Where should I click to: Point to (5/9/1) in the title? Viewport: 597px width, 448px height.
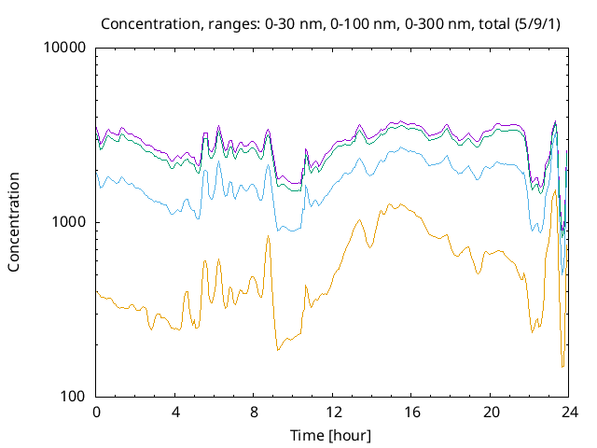point(491,22)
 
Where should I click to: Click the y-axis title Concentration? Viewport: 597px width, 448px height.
point(14,221)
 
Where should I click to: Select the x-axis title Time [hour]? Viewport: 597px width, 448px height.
point(333,435)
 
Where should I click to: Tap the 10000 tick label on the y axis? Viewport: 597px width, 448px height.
point(66,48)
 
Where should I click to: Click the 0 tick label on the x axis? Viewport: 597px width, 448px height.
point(96,412)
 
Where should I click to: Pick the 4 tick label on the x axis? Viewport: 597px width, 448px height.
point(175,412)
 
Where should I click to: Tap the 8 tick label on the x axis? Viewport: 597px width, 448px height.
point(254,412)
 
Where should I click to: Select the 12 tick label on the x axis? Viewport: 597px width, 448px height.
point(333,412)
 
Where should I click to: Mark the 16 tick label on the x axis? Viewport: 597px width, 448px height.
point(411,412)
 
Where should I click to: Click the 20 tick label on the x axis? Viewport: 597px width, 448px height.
point(491,412)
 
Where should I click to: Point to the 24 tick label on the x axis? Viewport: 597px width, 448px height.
point(569,412)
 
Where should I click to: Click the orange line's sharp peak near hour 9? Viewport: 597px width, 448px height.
point(268,236)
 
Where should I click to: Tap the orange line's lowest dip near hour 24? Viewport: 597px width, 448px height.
point(562,367)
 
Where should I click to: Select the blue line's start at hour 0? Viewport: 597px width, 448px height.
point(97,171)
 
